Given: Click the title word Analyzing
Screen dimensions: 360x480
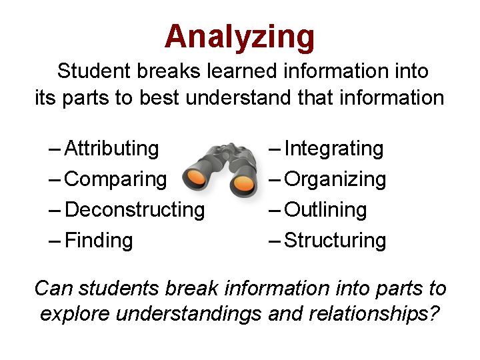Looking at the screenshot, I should coord(239,37).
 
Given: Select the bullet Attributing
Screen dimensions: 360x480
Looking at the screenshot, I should coord(112,148).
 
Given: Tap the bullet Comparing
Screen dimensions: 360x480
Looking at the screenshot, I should coord(116,179).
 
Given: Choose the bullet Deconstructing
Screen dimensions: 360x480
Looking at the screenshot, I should coord(135,210).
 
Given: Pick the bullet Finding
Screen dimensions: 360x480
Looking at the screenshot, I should coord(99,240).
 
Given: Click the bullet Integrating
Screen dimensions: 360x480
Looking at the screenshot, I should coord(334,148).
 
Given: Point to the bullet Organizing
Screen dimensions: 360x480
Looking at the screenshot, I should coord(335,179).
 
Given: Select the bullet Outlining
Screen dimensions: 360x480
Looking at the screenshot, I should coord(326,210).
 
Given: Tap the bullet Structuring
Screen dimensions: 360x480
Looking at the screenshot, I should coord(335,240).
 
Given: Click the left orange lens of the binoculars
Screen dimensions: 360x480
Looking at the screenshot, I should coord(197,177).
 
